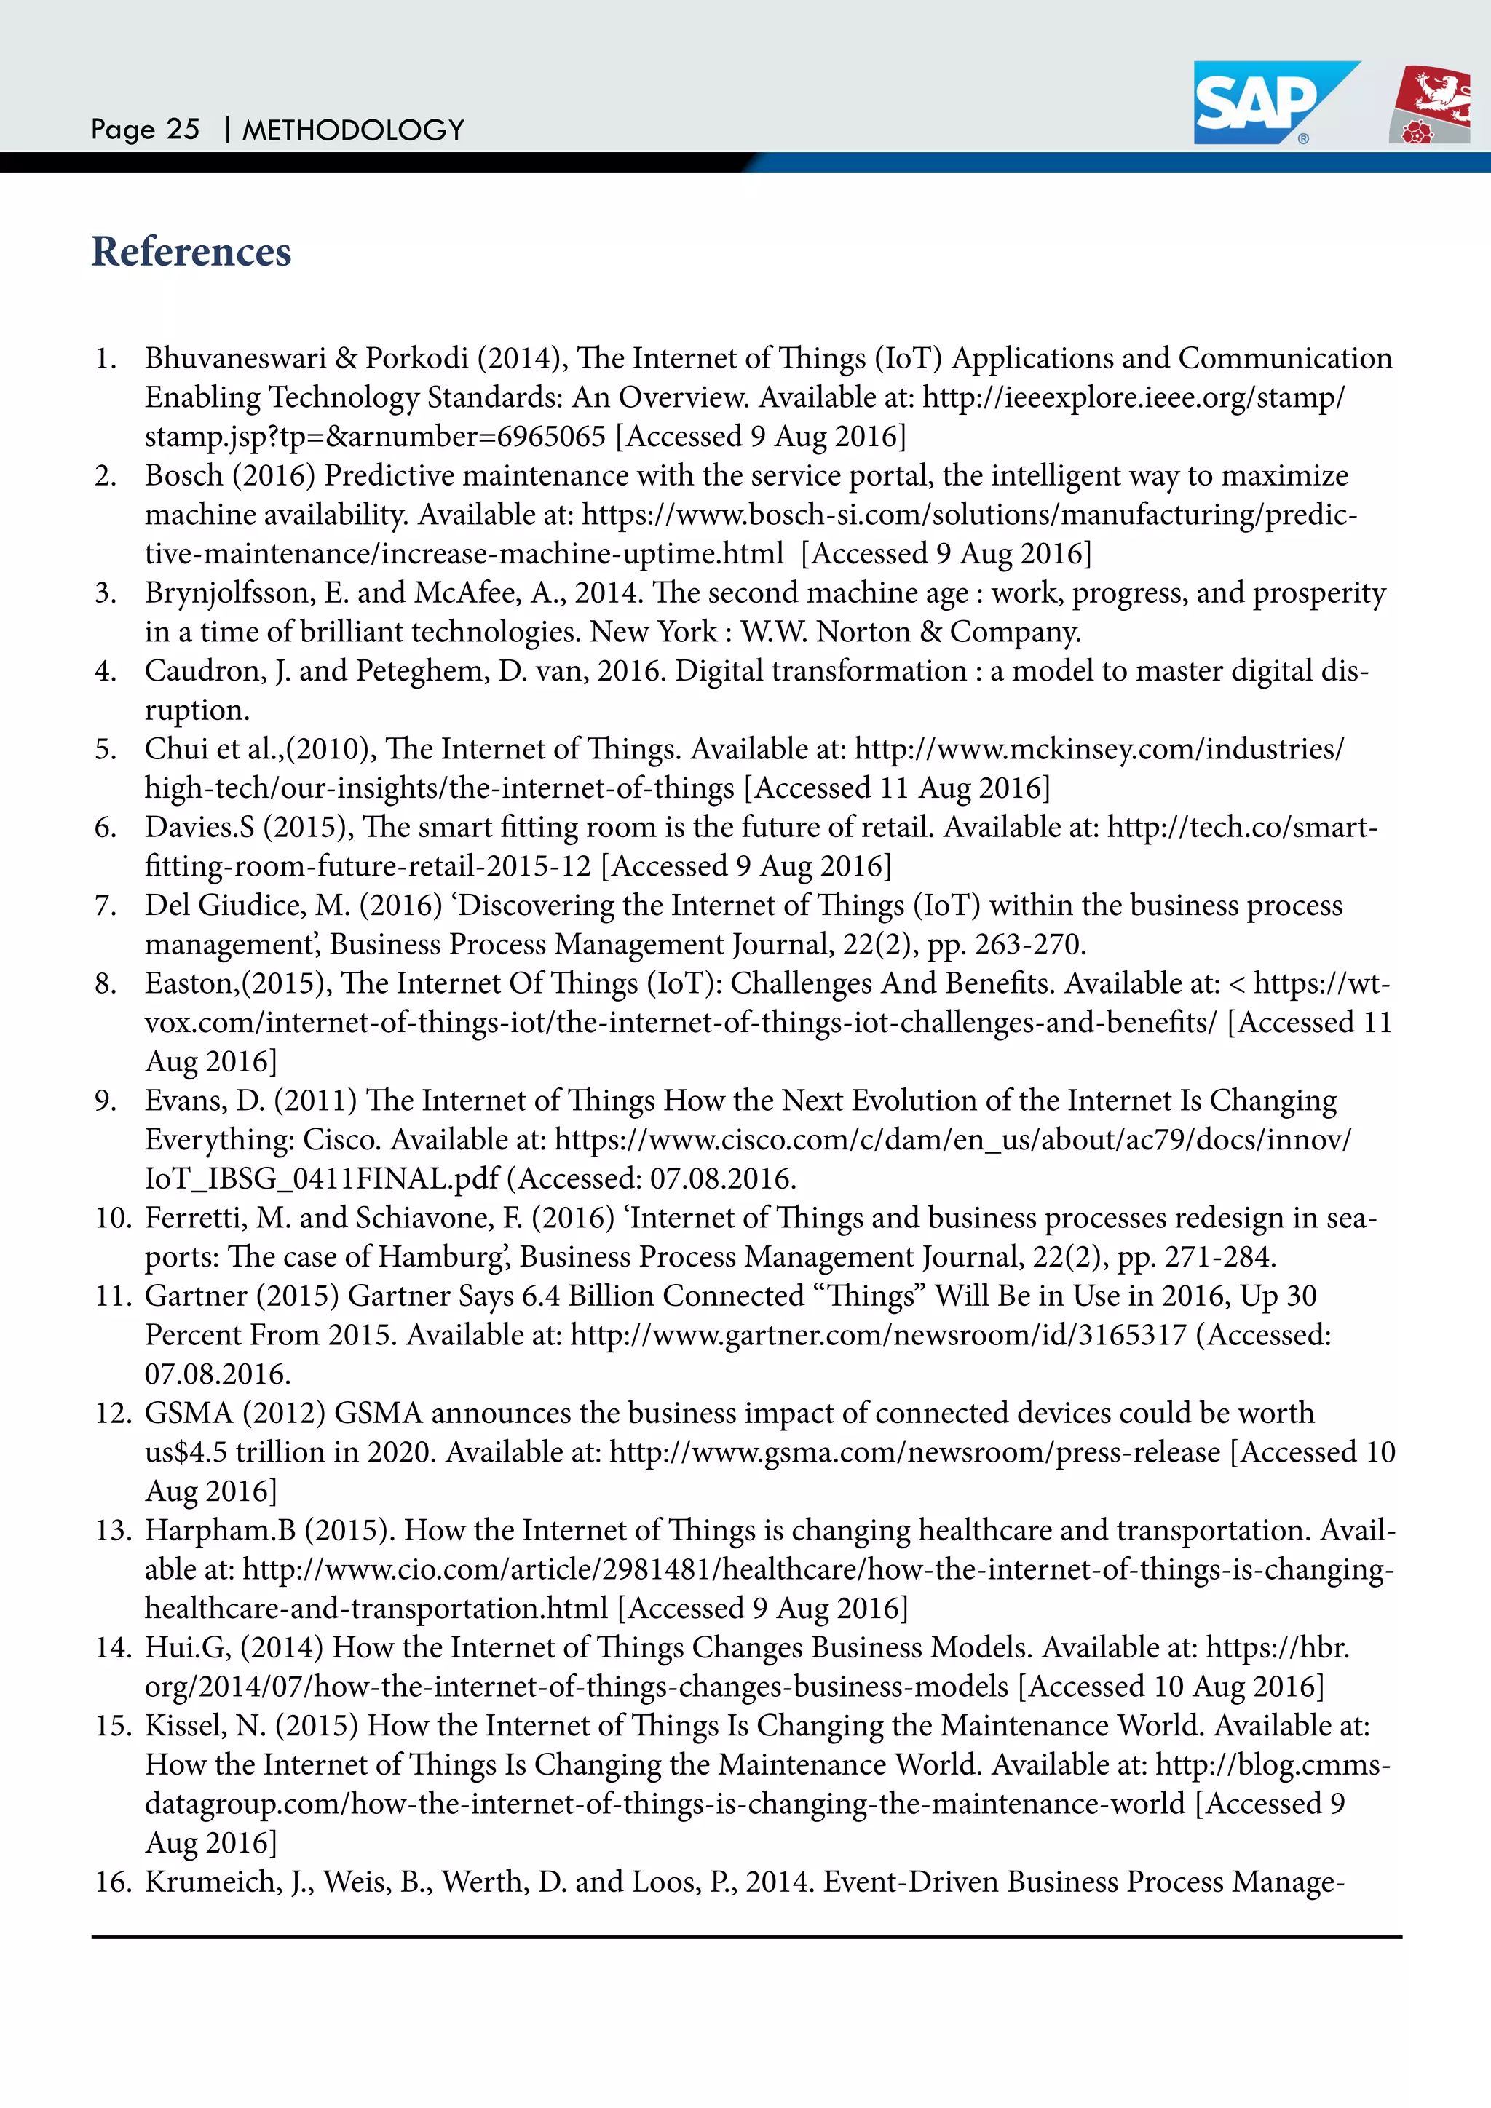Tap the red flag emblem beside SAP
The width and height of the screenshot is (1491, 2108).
(1431, 105)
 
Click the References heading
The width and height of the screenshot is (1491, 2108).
(191, 252)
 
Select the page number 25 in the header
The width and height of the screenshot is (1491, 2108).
(183, 130)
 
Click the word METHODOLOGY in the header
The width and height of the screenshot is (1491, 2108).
(354, 130)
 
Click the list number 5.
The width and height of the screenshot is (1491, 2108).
(106, 749)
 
